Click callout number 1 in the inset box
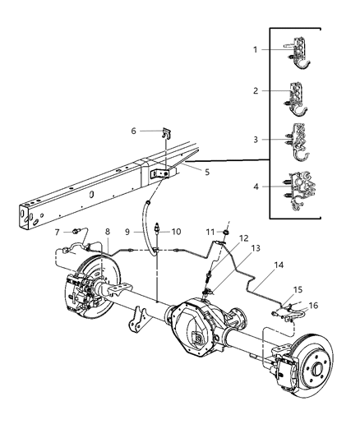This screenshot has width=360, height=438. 256,50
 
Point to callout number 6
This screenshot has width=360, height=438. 133,130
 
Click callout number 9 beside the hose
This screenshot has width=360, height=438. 177,232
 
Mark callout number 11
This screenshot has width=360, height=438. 221,261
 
